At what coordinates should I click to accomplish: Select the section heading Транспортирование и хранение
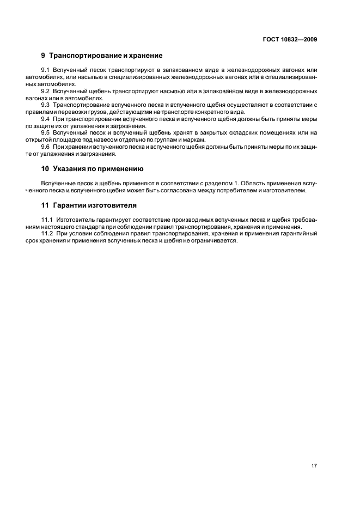coord(106,56)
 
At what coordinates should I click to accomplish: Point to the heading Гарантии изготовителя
coord(93,205)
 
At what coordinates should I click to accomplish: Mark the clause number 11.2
coord(47,234)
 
